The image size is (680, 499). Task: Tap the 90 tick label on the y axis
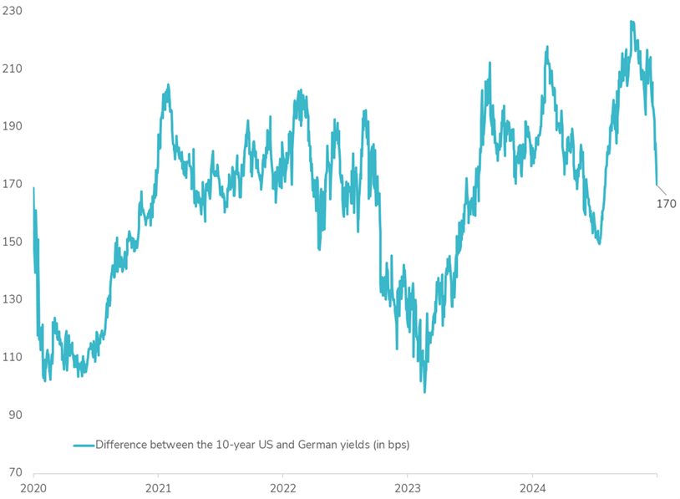(14, 415)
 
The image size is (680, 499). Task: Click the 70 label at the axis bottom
(14, 472)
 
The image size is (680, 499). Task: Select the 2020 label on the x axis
(33, 486)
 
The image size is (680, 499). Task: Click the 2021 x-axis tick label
(159, 486)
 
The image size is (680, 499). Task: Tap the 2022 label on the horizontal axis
(283, 486)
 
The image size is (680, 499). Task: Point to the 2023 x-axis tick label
(408, 486)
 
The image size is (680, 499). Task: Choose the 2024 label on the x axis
(533, 486)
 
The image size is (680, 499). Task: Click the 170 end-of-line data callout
(666, 203)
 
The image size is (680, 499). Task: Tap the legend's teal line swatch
(83, 445)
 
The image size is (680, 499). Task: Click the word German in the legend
(295, 445)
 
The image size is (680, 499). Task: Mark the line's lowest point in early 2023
(424, 391)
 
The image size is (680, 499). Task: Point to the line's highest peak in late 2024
(632, 22)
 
